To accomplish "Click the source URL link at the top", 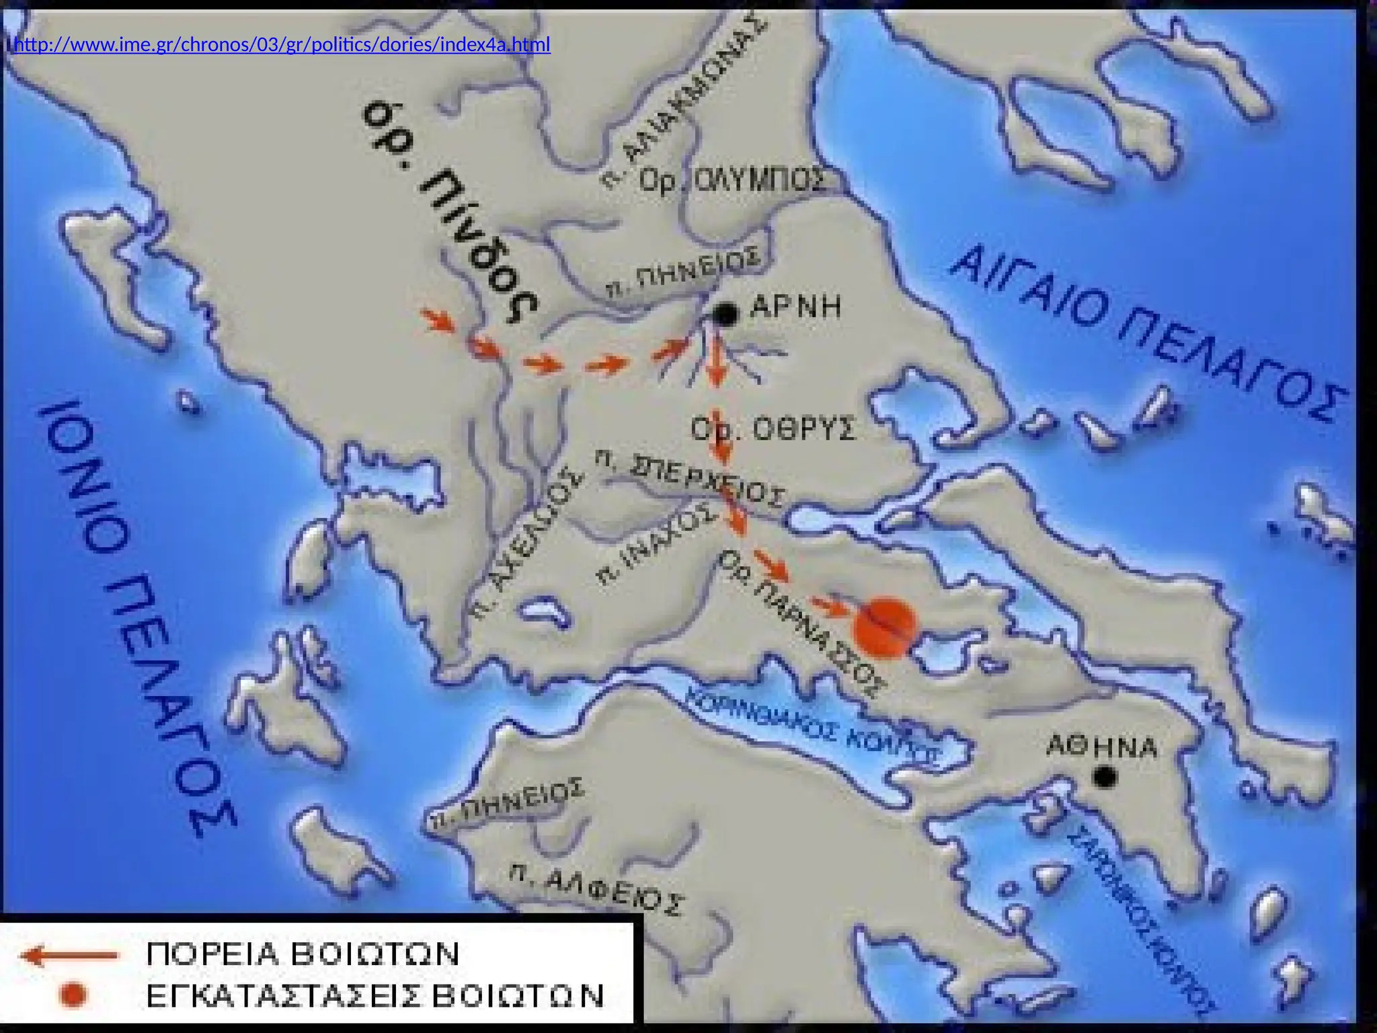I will (282, 45).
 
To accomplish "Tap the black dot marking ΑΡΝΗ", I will (725, 313).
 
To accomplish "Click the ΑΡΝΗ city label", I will (795, 307).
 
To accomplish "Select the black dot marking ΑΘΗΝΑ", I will (1104, 777).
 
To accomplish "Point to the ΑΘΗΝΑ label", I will (1102, 747).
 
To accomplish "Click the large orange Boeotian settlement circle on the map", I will (885, 625).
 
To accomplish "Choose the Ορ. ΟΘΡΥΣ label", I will (773, 428).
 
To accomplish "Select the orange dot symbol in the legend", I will (73, 995).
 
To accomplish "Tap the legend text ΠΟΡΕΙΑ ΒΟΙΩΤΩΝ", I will (303, 954).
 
